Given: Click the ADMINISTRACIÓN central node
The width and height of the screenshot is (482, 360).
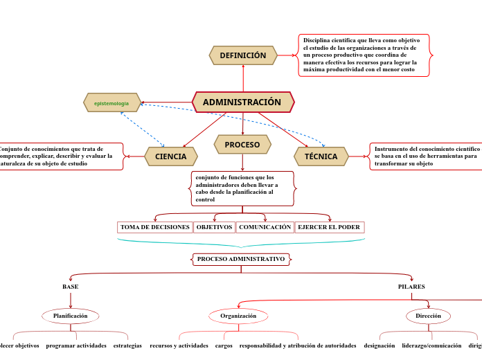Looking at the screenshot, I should click(242, 102).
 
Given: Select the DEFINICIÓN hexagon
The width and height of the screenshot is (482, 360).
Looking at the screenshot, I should click(243, 55).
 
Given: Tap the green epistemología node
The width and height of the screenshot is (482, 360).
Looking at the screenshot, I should click(111, 103).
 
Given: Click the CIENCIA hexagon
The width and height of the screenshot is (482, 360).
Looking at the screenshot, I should click(171, 156).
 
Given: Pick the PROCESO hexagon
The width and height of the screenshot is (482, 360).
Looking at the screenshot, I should click(242, 145).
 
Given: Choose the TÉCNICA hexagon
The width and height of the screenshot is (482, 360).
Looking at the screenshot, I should click(321, 156).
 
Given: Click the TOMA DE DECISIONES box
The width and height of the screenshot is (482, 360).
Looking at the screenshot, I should click(155, 227).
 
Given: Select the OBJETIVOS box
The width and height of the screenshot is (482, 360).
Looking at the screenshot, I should click(214, 227).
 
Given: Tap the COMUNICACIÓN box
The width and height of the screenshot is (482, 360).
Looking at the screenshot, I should click(265, 227).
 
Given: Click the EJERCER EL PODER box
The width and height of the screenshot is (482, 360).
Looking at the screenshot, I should click(329, 227).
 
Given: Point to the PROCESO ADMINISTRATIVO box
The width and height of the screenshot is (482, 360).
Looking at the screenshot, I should click(241, 259).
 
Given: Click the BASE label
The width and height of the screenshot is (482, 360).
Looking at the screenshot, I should click(71, 287).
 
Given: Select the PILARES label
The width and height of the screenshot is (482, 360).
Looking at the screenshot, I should click(411, 287).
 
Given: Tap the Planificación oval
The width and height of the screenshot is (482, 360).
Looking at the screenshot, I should click(71, 316).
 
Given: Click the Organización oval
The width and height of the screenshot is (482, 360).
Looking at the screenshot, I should click(238, 316).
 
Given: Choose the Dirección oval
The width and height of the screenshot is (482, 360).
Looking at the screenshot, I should click(428, 316).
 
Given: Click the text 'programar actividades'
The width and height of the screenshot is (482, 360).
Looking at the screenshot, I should click(76, 345).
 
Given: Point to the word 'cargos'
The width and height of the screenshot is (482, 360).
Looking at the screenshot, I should click(224, 345).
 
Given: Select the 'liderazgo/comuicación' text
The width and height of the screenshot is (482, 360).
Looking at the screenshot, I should click(431, 345).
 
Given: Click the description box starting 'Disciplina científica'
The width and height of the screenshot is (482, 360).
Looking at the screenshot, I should click(364, 55).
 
